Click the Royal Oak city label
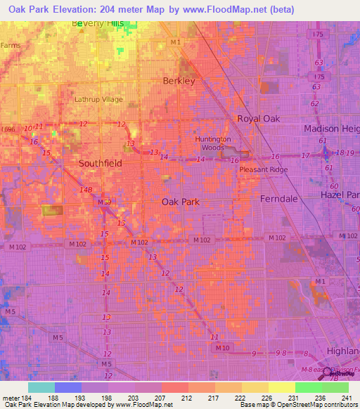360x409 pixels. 258,119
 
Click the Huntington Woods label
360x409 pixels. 213,143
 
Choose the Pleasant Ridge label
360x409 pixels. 263,169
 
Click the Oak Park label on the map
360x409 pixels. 181,202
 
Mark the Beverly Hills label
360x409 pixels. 101,23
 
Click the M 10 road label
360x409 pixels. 223,348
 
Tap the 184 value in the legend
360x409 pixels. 25,398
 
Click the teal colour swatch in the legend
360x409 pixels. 41,387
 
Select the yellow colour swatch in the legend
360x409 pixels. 281,387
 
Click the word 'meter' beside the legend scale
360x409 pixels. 10,398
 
